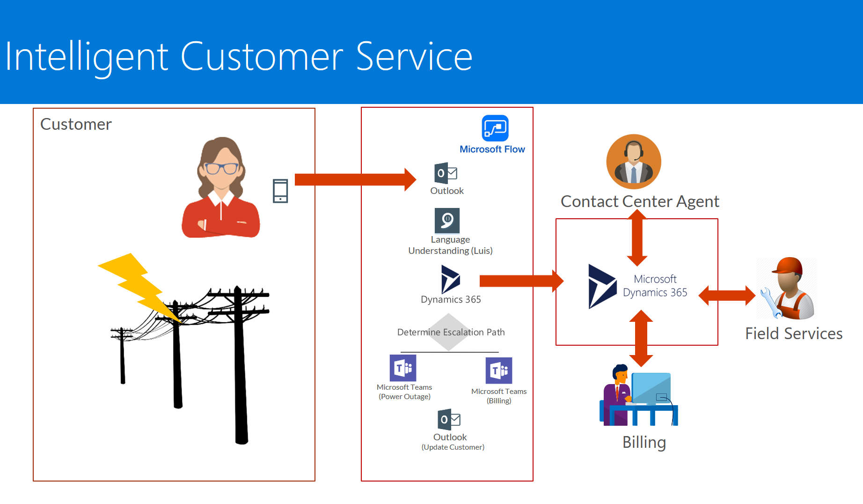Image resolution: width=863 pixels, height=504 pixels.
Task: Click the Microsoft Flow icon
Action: pyautogui.click(x=495, y=128)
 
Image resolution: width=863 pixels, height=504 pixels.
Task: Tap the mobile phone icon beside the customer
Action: pyautogui.click(x=280, y=191)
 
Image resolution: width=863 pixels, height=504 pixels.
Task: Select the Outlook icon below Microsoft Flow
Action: pyautogui.click(x=446, y=173)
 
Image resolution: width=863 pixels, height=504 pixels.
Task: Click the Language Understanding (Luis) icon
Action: pyautogui.click(x=447, y=220)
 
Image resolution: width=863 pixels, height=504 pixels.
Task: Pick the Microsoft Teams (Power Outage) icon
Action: pyautogui.click(x=403, y=368)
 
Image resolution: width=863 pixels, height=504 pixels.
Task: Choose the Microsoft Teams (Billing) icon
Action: pyautogui.click(x=499, y=371)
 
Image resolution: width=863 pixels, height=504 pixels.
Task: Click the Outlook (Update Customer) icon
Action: pyautogui.click(x=449, y=420)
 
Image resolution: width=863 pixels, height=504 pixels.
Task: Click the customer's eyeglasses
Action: pyautogui.click(x=221, y=168)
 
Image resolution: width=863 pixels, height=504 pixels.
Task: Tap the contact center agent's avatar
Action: pyautogui.click(x=634, y=162)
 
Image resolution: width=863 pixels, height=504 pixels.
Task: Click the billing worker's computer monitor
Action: pyautogui.click(x=651, y=388)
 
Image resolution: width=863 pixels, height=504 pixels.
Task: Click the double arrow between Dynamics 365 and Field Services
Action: pyautogui.click(x=727, y=295)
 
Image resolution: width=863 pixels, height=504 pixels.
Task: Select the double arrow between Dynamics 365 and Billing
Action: pyautogui.click(x=641, y=338)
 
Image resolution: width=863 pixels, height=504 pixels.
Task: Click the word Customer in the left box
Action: pyautogui.click(x=76, y=124)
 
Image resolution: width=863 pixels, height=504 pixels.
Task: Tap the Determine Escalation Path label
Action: pyautogui.click(x=451, y=332)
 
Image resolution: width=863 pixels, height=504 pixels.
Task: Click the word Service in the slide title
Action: pyautogui.click(x=414, y=57)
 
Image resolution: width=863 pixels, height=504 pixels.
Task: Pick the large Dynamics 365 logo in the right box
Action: pyautogui.click(x=601, y=286)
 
